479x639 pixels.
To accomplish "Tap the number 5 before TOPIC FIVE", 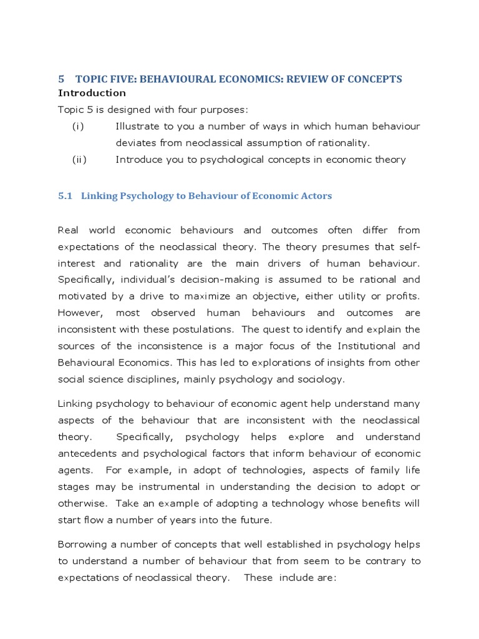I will (x=61, y=79).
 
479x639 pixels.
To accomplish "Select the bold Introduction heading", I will (x=92, y=93).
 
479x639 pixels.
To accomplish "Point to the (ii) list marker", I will (x=79, y=160).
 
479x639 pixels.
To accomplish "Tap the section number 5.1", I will (x=65, y=196).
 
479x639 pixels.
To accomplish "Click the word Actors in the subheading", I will (x=316, y=196).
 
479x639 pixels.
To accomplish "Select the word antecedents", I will (x=89, y=453).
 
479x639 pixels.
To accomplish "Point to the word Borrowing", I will (x=84, y=545).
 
